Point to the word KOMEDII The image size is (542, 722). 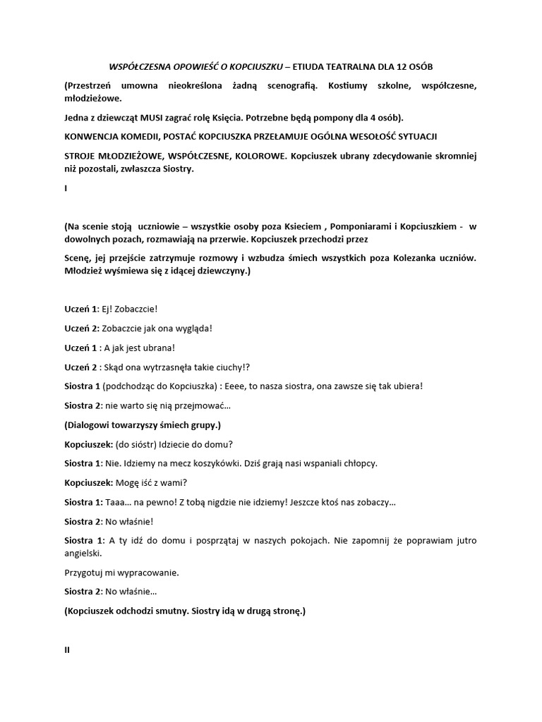coord(141,135)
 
